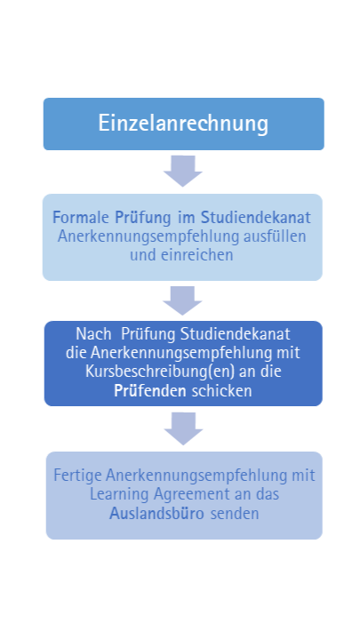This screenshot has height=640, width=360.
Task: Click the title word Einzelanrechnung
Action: pyautogui.click(x=183, y=124)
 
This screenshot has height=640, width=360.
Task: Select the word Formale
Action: pyautogui.click(x=81, y=218)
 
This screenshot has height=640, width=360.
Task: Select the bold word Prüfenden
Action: pyautogui.click(x=150, y=390)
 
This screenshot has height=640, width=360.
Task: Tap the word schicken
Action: pyautogui.click(x=221, y=391)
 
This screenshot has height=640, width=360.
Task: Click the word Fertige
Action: pyautogui.click(x=77, y=476)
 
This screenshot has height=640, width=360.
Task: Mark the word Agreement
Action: pyautogui.click(x=192, y=495)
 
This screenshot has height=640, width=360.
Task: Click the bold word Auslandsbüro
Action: pyautogui.click(x=156, y=514)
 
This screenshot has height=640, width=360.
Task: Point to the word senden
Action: pyautogui.click(x=235, y=514)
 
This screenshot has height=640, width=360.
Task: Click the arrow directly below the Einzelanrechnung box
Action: pyautogui.click(x=183, y=171)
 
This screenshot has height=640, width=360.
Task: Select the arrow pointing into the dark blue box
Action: pyautogui.click(x=182, y=300)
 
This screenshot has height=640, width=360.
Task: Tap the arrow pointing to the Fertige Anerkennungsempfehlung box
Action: pyautogui.click(x=183, y=428)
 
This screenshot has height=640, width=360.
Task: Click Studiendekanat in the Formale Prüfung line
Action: pyautogui.click(x=256, y=218)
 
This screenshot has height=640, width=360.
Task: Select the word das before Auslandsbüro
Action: pyautogui.click(x=268, y=495)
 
